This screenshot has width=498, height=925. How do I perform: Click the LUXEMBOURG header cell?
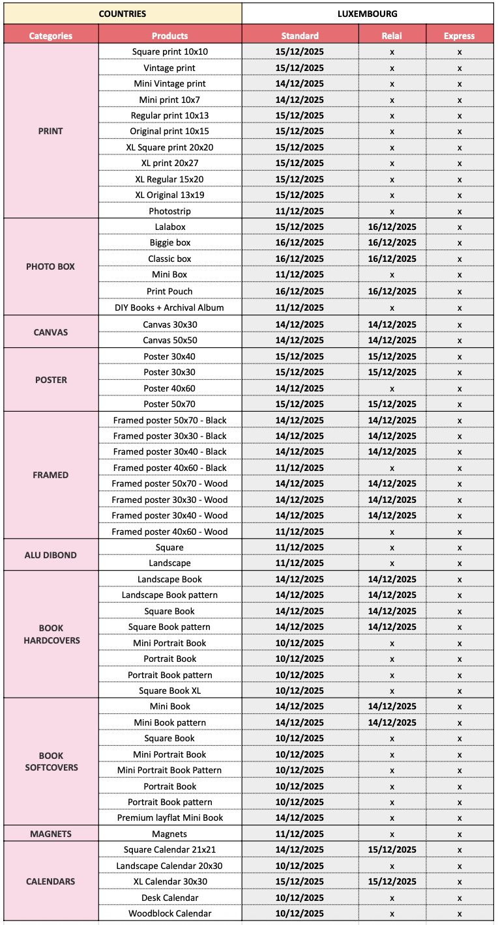pos(368,13)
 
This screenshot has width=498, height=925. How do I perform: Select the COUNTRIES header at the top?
pos(123,13)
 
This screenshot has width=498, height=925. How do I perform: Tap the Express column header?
pos(459,36)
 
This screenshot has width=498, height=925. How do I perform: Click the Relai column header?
pos(392,36)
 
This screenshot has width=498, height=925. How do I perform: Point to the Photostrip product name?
pos(169,211)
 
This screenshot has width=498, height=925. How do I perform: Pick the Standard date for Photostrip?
pos(300,211)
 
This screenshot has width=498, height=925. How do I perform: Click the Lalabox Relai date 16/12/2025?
pos(392,227)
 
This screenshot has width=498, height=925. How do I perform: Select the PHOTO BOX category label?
pos(51,266)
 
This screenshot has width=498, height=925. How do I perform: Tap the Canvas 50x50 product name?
pos(169,340)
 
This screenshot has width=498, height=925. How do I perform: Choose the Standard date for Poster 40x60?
pos(300,388)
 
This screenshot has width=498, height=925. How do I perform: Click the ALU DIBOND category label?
pos(51,555)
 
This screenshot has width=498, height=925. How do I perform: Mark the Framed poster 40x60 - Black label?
pos(169,468)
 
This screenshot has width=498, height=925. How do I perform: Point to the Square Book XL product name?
pos(169,690)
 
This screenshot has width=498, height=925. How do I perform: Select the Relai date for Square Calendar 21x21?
pos(392,849)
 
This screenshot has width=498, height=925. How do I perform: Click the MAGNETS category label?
pos(51,834)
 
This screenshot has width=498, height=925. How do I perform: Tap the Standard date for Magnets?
pos(300,834)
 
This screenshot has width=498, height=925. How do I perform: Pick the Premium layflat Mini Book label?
pos(169,818)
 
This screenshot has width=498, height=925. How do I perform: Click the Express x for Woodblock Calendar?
pos(459,914)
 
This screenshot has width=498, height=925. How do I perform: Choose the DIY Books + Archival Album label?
pos(169,307)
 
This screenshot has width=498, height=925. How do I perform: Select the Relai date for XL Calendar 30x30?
pos(392,881)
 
